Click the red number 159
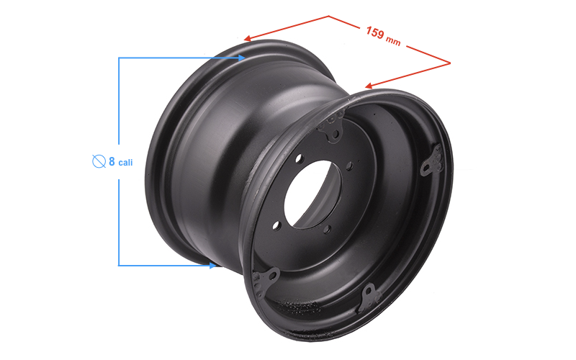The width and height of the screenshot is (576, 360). [375, 32]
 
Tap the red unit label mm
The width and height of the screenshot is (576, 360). [393, 40]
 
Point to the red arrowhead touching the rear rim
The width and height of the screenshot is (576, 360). [248, 38]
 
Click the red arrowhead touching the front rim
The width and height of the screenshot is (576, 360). [369, 86]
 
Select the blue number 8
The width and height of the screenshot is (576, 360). [112, 161]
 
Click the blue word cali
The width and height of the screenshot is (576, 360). [125, 163]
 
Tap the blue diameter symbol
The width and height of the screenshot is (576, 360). [99, 161]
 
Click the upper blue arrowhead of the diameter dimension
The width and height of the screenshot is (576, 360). [241, 58]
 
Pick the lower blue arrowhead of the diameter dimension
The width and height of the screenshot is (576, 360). [212, 265]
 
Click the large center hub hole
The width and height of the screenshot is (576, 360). [312, 194]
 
